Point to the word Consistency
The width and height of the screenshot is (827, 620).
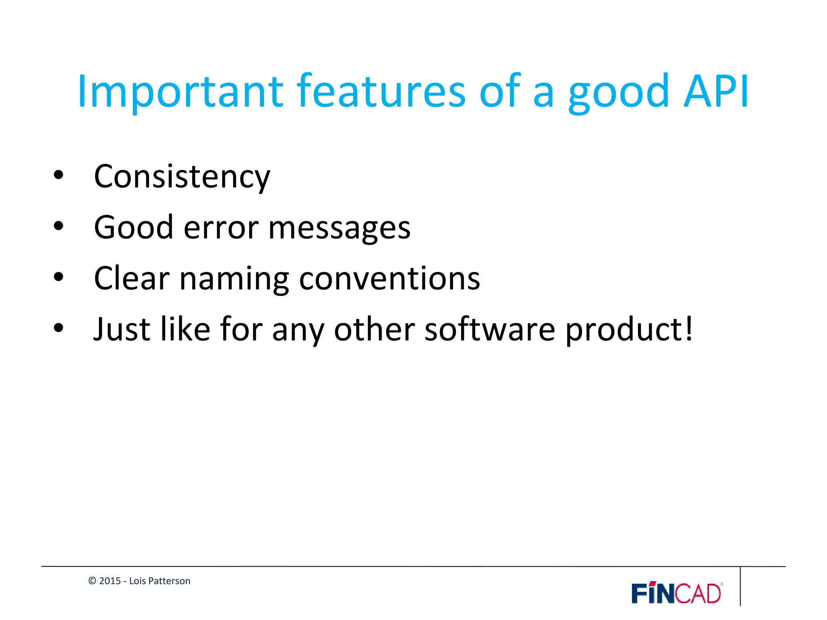click(x=182, y=178)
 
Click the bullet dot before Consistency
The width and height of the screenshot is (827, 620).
click(x=59, y=176)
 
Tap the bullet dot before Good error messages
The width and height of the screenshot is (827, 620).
click(x=59, y=226)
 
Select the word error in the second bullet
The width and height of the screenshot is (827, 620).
click(x=221, y=228)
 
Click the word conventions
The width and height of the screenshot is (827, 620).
click(x=389, y=279)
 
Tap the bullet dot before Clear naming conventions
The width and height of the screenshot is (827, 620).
click(x=59, y=277)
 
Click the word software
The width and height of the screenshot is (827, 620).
click(x=490, y=329)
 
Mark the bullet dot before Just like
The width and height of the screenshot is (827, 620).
click(x=59, y=328)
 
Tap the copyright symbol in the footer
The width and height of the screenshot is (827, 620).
click(x=92, y=581)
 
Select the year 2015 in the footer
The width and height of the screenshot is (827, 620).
click(x=110, y=581)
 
